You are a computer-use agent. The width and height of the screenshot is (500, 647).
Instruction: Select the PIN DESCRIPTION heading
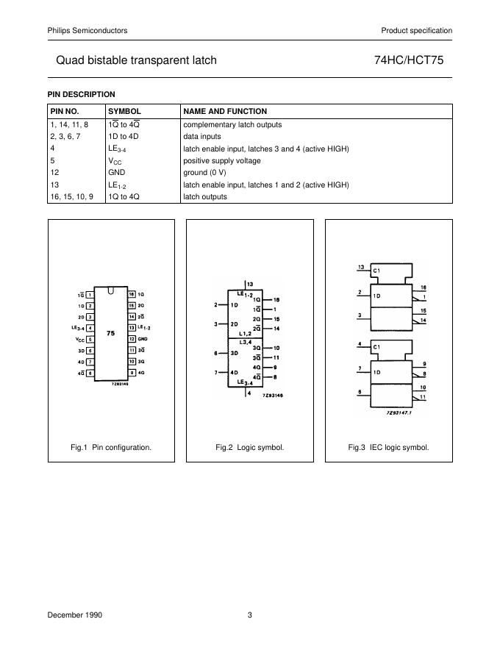82,94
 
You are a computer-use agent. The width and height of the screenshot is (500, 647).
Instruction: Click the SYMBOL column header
124,111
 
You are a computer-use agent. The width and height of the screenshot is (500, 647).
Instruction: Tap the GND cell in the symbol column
118,173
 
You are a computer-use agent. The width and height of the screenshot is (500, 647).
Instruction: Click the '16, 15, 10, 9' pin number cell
71,196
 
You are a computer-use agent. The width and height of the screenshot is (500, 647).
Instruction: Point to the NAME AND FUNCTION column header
225,111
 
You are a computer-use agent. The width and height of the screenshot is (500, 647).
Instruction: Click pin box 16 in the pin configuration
132,294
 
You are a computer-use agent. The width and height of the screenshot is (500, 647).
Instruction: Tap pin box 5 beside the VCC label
90,339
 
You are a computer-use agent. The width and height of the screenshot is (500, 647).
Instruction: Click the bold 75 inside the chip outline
110,333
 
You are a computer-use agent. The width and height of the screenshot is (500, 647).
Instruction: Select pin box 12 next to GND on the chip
132,339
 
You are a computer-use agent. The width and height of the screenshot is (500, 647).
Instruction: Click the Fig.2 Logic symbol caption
250,447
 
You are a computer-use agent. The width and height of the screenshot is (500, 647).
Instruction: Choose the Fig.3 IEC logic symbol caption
388,447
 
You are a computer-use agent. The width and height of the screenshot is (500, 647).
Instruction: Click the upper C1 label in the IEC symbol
376,271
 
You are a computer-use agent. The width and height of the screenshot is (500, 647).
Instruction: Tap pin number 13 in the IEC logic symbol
361,267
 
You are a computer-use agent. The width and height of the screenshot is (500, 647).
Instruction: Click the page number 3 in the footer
250,615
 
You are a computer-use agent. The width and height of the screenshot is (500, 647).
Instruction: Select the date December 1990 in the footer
74,615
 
